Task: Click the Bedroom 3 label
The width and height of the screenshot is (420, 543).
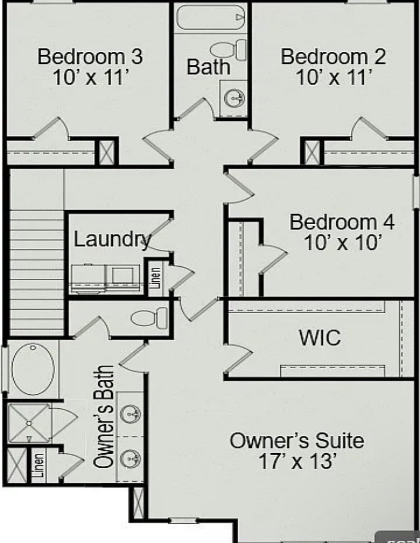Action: pyautogui.click(x=90, y=57)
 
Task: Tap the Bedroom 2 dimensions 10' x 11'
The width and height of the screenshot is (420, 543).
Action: pyautogui.click(x=333, y=77)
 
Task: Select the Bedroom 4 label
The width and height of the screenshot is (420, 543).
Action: pyautogui.click(x=342, y=222)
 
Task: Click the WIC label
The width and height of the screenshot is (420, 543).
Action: pyautogui.click(x=320, y=337)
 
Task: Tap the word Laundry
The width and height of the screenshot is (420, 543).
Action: pyautogui.click(x=112, y=239)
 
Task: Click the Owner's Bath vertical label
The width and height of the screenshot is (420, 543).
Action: pyautogui.click(x=104, y=416)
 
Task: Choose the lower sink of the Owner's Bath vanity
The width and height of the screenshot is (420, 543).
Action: pyautogui.click(x=130, y=458)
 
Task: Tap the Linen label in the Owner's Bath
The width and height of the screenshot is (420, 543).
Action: pyautogui.click(x=39, y=465)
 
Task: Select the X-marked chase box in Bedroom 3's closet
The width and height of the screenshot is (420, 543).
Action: pyautogui.click(x=106, y=153)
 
